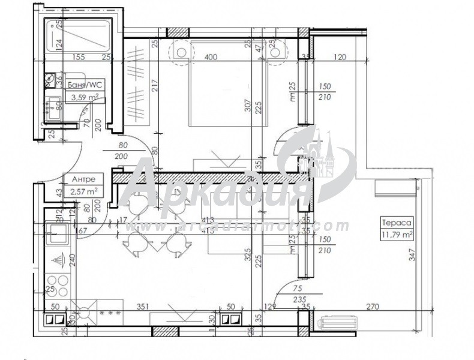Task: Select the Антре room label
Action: [x=83, y=179]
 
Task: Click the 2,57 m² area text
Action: [x=84, y=191]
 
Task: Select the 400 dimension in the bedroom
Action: [x=209, y=57]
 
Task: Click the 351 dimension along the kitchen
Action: [x=142, y=307]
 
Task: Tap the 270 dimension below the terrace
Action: [x=373, y=307]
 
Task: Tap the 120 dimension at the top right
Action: [x=341, y=57]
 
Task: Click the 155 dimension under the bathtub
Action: [x=76, y=57]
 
